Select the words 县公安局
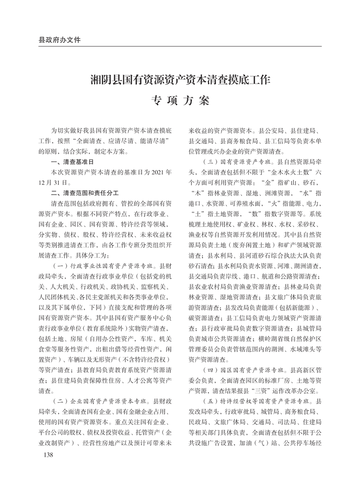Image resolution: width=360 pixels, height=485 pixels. click(276, 132)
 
